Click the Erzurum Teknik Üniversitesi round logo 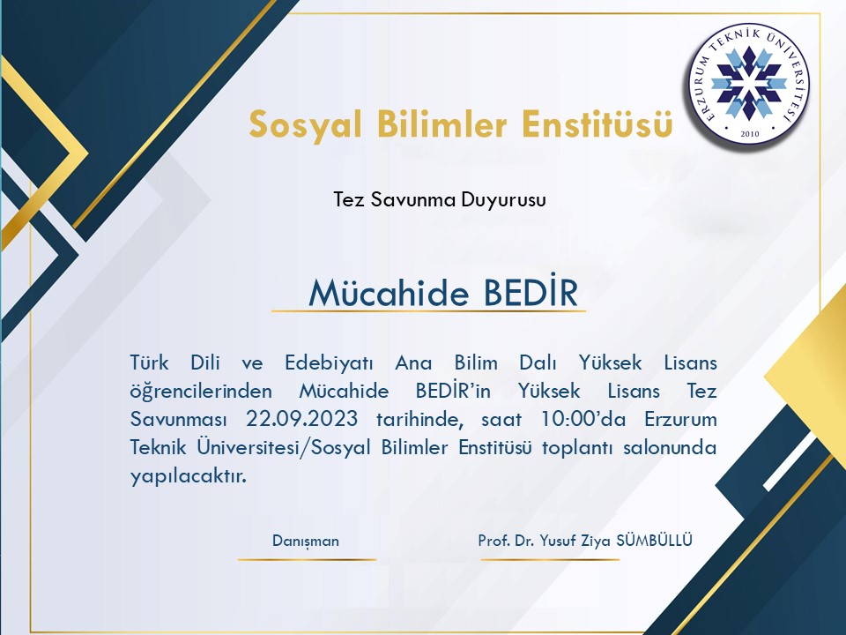point(749,86)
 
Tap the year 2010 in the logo point(749,134)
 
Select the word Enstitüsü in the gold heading point(597,123)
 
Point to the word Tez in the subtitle point(348,199)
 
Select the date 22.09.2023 point(301,419)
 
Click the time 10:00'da point(583,419)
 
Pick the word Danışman point(306,541)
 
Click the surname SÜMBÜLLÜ point(654,540)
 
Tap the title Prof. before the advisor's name point(493,541)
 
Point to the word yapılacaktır point(188,477)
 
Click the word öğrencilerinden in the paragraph point(201,392)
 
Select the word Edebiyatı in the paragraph point(329,362)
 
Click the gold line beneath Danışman point(307,559)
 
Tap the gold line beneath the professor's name point(550,559)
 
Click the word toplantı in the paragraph point(576,448)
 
